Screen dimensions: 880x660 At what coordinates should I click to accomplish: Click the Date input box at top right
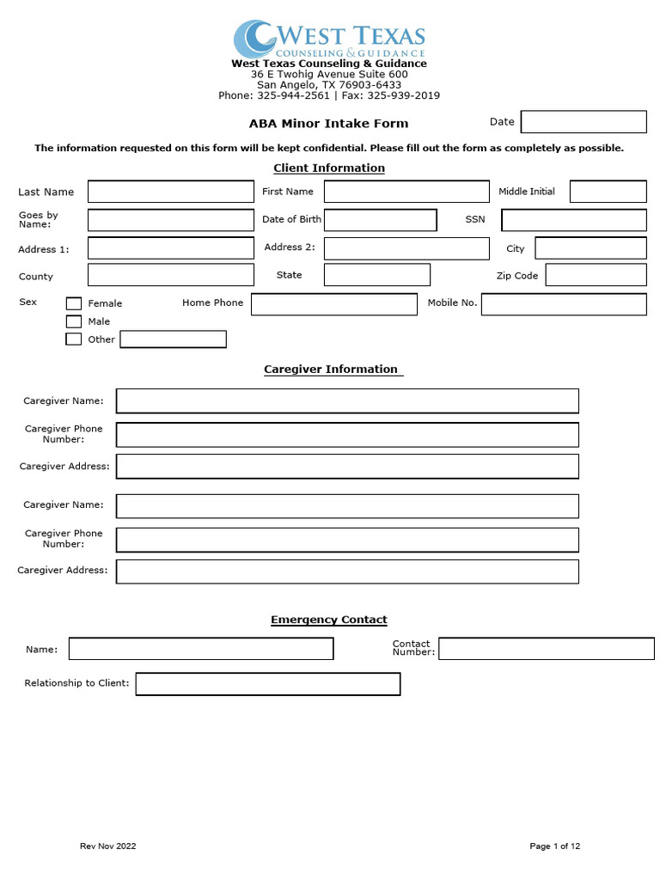tap(584, 122)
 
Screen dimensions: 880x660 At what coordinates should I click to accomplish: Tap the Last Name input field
tap(171, 192)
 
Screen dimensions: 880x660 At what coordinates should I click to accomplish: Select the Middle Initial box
tap(608, 192)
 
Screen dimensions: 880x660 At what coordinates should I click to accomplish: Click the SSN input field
tap(573, 220)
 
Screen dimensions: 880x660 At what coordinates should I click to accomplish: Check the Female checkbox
tap(74, 303)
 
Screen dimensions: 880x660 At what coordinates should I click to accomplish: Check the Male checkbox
tap(74, 321)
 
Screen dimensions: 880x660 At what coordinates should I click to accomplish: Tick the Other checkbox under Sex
tap(74, 339)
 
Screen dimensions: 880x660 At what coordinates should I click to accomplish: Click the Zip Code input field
tap(596, 275)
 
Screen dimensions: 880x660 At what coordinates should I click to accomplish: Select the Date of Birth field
tap(380, 220)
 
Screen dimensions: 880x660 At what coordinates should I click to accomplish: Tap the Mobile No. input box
tap(563, 304)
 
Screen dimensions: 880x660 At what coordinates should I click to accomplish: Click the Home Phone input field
tap(333, 304)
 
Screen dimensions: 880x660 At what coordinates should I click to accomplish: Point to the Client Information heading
tap(329, 168)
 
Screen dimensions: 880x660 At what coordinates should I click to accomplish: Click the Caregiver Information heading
tap(331, 370)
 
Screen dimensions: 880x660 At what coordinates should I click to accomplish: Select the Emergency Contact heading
tap(329, 620)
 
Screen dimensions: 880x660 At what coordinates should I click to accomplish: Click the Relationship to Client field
tap(268, 684)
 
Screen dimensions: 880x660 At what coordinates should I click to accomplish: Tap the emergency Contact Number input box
tap(546, 649)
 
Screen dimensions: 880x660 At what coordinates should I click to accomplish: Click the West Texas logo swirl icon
tap(254, 40)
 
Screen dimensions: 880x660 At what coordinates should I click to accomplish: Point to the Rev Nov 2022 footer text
tap(107, 846)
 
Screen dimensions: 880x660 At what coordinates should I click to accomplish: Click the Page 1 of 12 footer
tap(554, 846)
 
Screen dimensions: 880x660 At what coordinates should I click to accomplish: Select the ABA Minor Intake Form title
tap(329, 124)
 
